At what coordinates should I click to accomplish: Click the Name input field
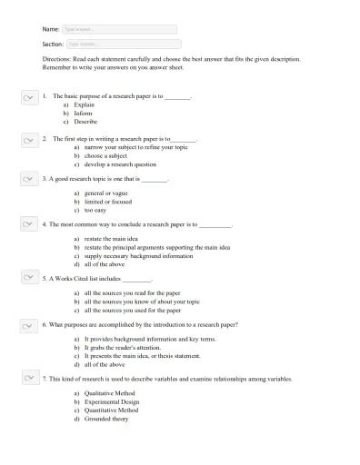point(121,29)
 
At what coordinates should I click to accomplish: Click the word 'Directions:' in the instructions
point(58,60)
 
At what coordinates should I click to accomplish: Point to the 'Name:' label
point(51,29)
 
